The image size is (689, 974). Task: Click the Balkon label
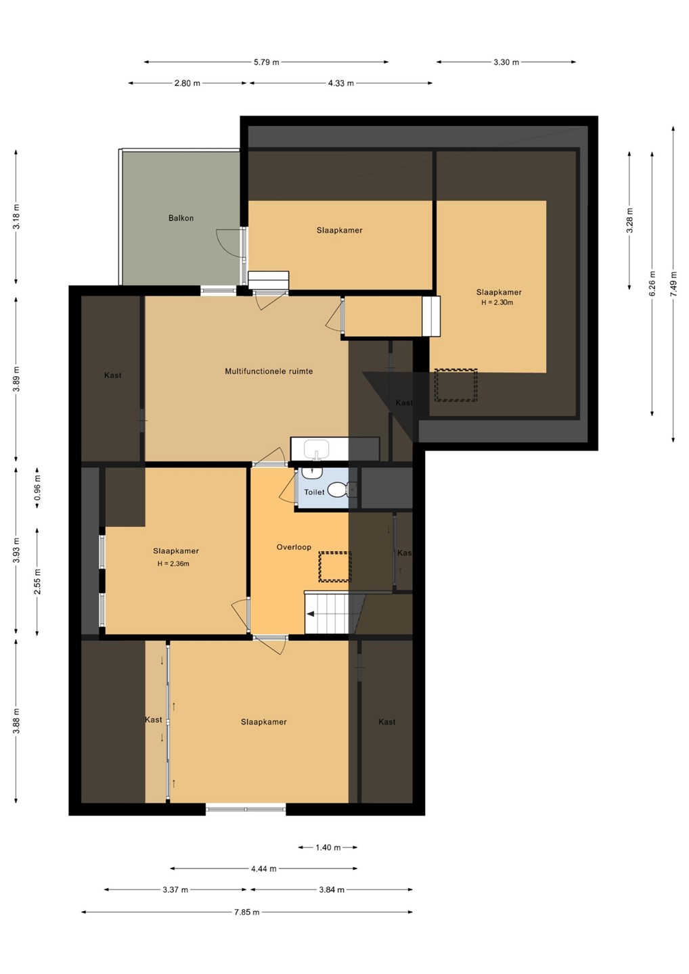181,218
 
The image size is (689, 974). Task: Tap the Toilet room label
314,492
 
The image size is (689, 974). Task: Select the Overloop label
294,547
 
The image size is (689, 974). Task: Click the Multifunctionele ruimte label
269,371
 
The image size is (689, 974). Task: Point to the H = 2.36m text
173,564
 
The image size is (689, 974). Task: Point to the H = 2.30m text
497,302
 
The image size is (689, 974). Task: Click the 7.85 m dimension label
246,912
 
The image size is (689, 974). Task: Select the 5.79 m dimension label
267,62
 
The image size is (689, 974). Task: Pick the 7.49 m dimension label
673,284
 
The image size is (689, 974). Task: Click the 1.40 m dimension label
328,847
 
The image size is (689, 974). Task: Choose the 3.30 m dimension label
506,62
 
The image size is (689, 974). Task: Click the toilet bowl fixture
337,490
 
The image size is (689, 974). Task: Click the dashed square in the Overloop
335,567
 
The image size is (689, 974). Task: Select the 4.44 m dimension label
263,868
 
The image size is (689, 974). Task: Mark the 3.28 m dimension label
629,221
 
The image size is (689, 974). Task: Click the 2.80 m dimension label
187,83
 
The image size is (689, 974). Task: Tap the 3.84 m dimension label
332,889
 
